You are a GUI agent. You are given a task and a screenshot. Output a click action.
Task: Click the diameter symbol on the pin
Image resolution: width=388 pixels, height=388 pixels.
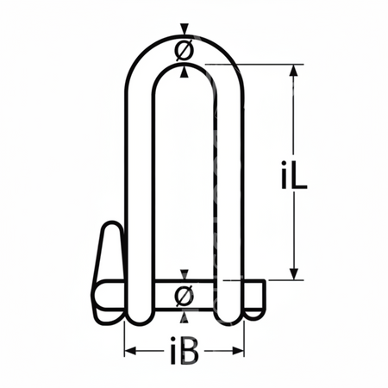pos(183,296)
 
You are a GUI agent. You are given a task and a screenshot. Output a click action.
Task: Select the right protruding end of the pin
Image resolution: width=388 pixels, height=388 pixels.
pos(255,296)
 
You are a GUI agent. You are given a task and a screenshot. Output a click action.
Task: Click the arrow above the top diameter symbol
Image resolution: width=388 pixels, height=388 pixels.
pos(183,29)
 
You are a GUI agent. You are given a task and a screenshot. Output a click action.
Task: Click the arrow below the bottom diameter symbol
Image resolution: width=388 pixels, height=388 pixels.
pos(183,316)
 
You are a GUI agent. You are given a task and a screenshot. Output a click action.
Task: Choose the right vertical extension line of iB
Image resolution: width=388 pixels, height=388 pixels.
pos(245,341)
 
